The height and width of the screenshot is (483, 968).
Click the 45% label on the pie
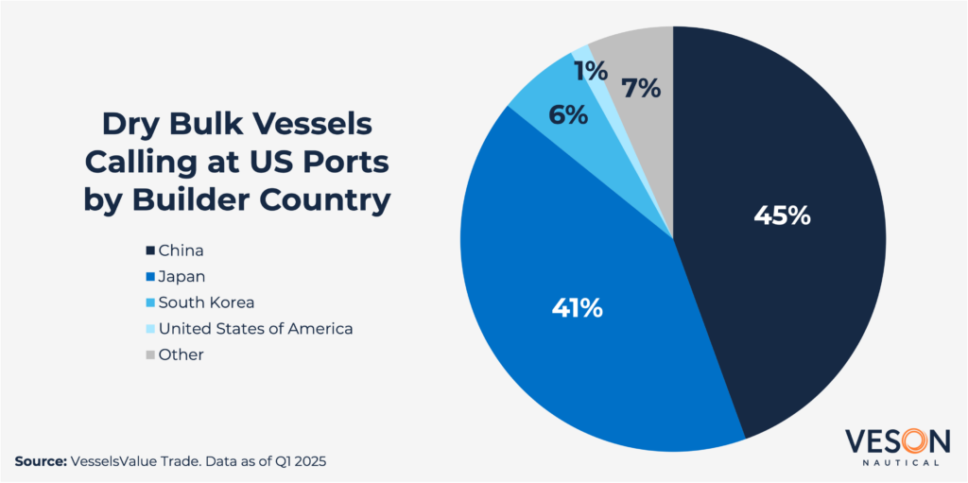click(x=782, y=215)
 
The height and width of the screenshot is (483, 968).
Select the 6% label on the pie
click(x=569, y=115)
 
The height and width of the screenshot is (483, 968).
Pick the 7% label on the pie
click(x=640, y=89)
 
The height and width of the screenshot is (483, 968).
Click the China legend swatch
click(x=149, y=251)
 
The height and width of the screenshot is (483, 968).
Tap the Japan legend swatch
click(x=149, y=277)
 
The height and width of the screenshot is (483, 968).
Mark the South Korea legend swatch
click(x=149, y=303)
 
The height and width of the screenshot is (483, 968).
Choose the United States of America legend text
click(x=255, y=329)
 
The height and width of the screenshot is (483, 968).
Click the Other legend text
click(x=181, y=354)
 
